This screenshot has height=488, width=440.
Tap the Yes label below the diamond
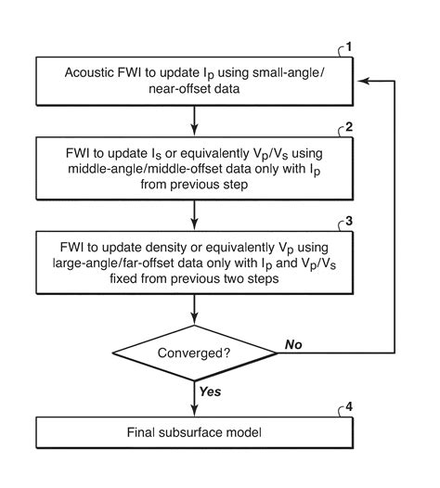click(x=212, y=392)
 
